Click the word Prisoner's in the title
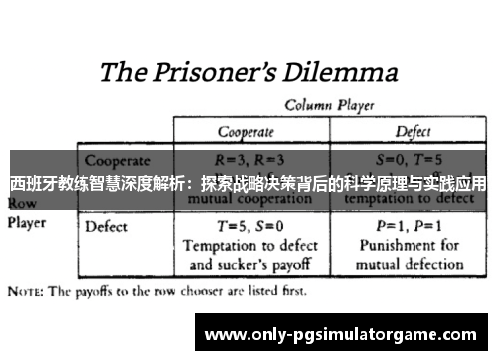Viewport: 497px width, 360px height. pos(216,73)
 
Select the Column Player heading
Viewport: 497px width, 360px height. pos(323,104)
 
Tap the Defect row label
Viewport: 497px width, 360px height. pos(107,226)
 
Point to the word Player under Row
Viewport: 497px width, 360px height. pos(27,223)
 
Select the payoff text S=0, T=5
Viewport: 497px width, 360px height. pos(413,159)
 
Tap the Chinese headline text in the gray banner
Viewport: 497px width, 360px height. pos(248,184)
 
